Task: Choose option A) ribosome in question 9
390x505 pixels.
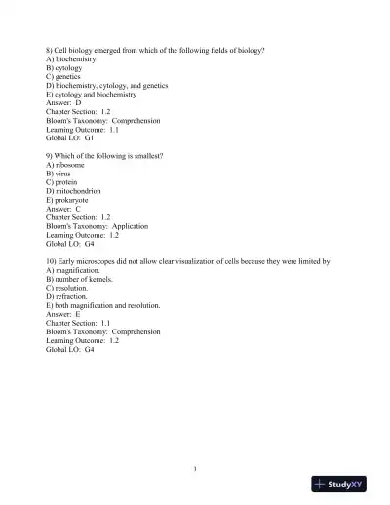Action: (65, 165)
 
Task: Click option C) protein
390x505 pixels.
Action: (61, 182)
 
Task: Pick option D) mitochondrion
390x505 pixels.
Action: (74, 191)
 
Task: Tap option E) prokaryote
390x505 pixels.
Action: (69, 200)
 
